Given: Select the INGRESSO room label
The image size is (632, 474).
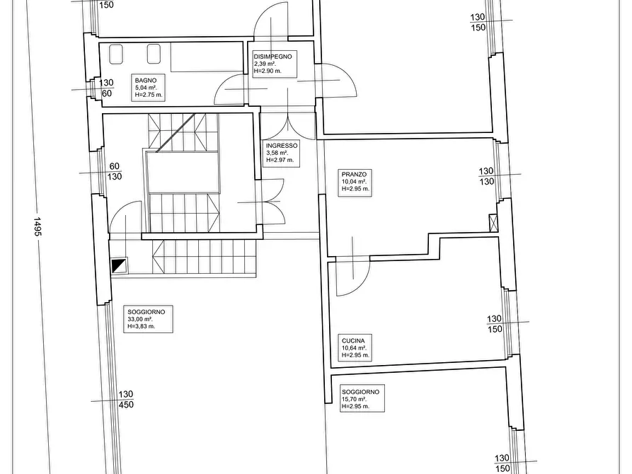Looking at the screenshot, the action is click(282, 153).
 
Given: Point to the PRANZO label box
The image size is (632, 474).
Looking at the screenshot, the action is click(355, 183).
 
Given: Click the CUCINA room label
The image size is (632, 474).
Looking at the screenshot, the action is click(355, 348).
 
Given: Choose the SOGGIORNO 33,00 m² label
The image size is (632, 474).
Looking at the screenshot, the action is click(148, 319).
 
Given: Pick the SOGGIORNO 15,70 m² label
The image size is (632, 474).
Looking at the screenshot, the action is click(362, 398).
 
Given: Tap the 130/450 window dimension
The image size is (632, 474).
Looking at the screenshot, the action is click(126, 400).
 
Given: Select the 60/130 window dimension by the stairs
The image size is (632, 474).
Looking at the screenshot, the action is click(115, 171).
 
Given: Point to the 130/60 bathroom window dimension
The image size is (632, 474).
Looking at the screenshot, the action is click(106, 88).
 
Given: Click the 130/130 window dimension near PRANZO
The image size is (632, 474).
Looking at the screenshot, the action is click(486, 176).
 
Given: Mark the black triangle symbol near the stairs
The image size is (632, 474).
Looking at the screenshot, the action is click(119, 265).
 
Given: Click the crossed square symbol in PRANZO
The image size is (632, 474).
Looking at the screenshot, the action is click(493, 223).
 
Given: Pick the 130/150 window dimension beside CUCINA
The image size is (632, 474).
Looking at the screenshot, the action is click(495, 323).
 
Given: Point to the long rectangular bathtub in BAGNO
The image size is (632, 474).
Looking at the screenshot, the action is click(207, 57).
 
